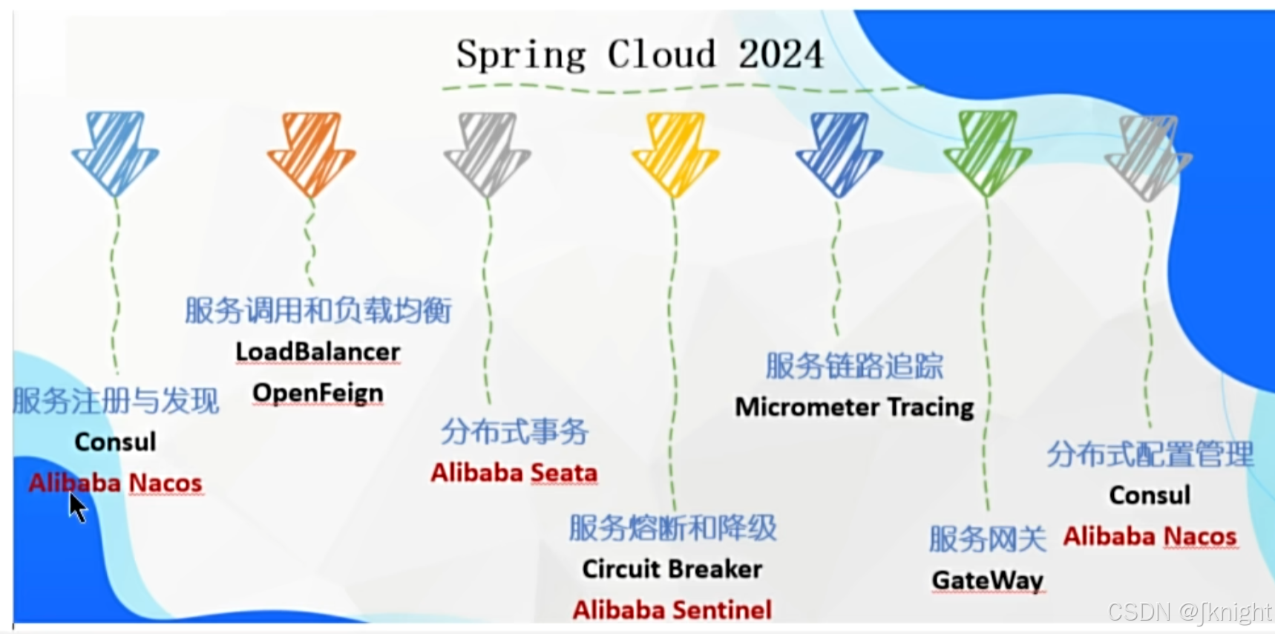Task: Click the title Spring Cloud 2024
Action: [x=640, y=54]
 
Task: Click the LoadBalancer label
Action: [x=318, y=351]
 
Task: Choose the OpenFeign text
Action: [x=318, y=393]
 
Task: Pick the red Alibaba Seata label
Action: [x=514, y=473]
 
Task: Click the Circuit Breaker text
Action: [x=672, y=569]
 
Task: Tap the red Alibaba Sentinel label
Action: [x=672, y=610]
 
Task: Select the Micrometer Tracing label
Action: [x=854, y=407]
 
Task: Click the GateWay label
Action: [x=987, y=580]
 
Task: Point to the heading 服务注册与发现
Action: [x=117, y=401]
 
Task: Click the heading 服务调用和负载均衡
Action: [x=318, y=310]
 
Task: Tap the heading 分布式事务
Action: [x=514, y=431]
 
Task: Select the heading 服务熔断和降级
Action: [x=672, y=528]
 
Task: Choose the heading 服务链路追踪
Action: [x=854, y=366]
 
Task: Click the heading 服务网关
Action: [x=987, y=539]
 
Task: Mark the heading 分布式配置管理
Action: [x=1150, y=454]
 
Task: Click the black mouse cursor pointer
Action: [x=77, y=508]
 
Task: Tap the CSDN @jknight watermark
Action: [x=1190, y=612]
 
